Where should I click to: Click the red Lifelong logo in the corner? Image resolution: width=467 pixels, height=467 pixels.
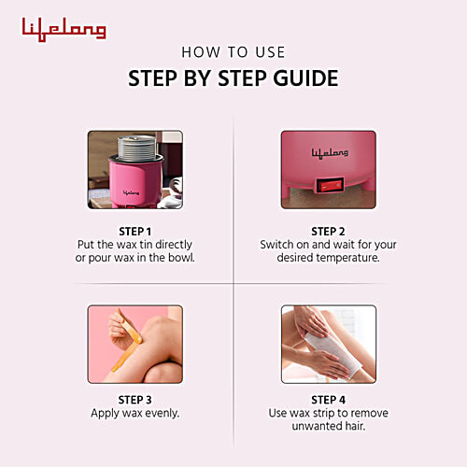[x=64, y=29]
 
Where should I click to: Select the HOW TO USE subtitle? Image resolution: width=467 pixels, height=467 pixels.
[x=233, y=52]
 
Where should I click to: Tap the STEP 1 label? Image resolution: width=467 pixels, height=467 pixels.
[x=134, y=231]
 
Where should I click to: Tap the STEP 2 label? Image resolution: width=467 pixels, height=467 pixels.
[x=328, y=231]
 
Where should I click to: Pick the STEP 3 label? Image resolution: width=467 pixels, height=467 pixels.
[x=134, y=398]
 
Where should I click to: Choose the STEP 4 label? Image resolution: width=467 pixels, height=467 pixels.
[x=328, y=398]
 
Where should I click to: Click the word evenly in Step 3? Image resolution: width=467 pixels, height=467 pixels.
[x=160, y=411]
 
